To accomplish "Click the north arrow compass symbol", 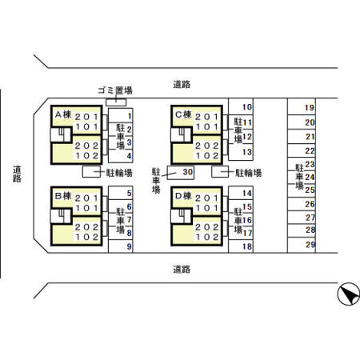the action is click(x=349, y=294).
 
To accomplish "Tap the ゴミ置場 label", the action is click(x=115, y=90).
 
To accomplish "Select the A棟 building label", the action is click(x=63, y=114).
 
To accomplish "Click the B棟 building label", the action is click(x=63, y=196).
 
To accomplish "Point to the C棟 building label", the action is click(x=183, y=114).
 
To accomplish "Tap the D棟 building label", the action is click(x=183, y=196).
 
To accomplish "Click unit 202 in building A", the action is click(x=87, y=146).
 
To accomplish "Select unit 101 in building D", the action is click(x=207, y=208).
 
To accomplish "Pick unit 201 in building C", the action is click(x=207, y=117).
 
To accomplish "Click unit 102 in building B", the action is click(x=87, y=237).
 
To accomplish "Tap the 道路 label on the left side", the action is click(x=17, y=174).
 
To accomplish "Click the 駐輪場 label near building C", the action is click(x=248, y=173).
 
